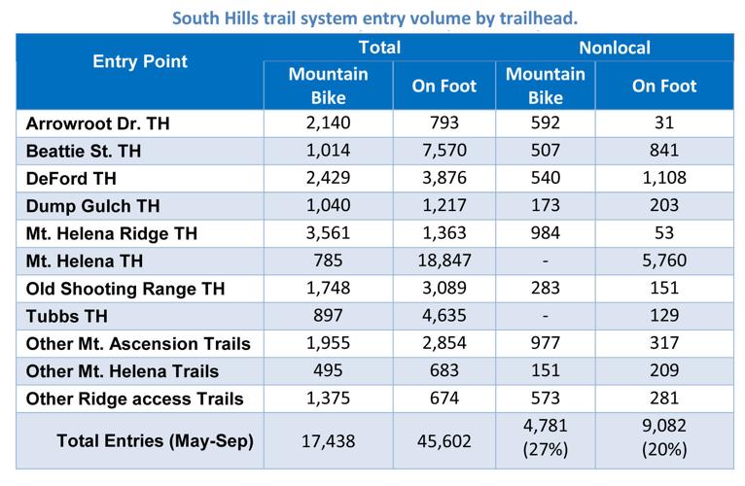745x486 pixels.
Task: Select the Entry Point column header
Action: coord(140,61)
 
